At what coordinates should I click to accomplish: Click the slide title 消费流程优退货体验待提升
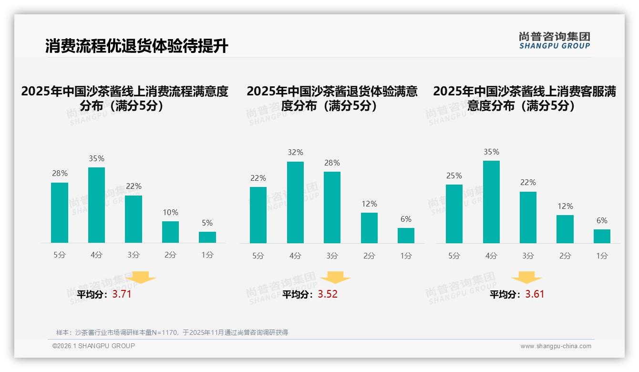coord(136,46)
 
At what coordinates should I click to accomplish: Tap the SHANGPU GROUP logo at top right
coord(554,41)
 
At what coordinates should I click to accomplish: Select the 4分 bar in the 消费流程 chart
coord(96,205)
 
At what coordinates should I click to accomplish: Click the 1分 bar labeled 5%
coord(207,237)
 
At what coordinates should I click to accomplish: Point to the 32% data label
coord(295,153)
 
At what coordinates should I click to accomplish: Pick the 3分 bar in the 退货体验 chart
coord(332,207)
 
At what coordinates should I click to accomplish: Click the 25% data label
coord(454,176)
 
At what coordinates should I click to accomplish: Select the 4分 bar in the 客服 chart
coord(491,202)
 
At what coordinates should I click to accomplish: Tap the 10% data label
coord(170,213)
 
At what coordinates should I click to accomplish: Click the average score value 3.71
coord(122,294)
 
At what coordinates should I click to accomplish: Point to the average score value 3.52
coord(328,294)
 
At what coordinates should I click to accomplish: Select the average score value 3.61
coord(535,294)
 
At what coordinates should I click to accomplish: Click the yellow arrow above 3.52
coord(335,278)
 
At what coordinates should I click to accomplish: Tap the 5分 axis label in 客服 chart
coord(454,256)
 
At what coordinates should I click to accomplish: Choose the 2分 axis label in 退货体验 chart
coord(369,256)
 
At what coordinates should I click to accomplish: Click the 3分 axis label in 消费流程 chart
coord(134,255)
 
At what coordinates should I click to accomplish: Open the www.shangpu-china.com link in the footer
coord(556,346)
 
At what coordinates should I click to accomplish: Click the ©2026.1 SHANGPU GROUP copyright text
coord(93,346)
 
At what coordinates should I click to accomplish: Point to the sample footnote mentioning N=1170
coord(172,332)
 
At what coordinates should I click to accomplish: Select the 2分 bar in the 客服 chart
coord(565,229)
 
